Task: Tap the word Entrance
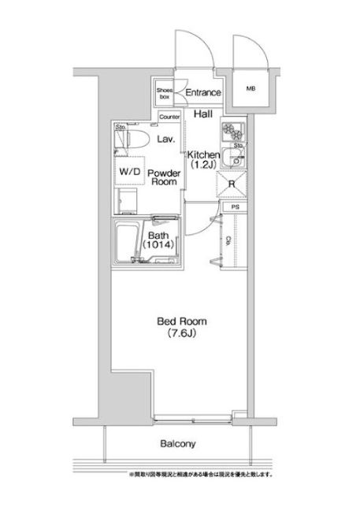pyautogui.click(x=203, y=93)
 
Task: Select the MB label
pyautogui.click(x=251, y=89)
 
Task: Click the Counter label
pyautogui.click(x=169, y=117)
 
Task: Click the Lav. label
pyautogui.click(x=165, y=139)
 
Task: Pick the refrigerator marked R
pyautogui.click(x=232, y=186)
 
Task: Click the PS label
pyautogui.click(x=234, y=206)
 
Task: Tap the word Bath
pyautogui.click(x=158, y=234)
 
